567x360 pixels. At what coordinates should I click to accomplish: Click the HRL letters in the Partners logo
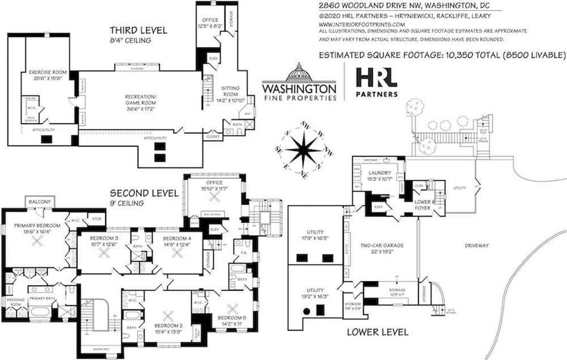click(x=376, y=78)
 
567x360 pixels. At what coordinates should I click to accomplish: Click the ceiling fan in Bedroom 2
click(x=168, y=316)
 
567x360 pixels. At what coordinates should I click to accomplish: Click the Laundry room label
click(x=381, y=173)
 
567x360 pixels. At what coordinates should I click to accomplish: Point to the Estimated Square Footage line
click(x=442, y=55)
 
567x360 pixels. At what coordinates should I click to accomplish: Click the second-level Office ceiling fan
click(x=214, y=196)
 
